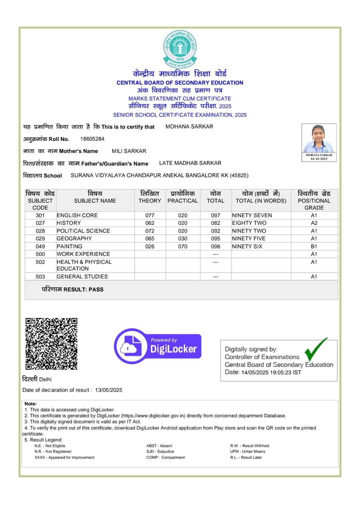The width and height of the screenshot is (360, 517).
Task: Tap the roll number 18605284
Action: (92, 139)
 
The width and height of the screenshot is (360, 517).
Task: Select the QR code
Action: (51, 344)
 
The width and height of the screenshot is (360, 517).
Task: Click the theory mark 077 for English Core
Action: (150, 215)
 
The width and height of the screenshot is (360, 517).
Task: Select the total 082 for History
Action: (215, 223)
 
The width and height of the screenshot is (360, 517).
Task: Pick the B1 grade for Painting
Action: (314, 246)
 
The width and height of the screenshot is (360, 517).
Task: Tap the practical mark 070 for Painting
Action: (183, 246)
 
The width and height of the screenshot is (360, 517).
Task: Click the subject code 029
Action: (40, 239)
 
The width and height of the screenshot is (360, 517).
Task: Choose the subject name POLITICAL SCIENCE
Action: (83, 231)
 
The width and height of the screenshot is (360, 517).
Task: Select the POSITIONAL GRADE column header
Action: (314, 201)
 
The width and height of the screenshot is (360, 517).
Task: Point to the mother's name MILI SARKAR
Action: (129, 151)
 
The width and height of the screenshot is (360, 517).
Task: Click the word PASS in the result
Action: (96, 289)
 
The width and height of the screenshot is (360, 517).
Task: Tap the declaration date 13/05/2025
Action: (109, 390)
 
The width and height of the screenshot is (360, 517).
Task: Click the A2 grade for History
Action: (314, 223)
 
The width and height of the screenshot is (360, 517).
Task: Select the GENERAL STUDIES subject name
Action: (82, 276)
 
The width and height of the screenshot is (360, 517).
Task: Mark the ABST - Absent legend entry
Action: (159, 446)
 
